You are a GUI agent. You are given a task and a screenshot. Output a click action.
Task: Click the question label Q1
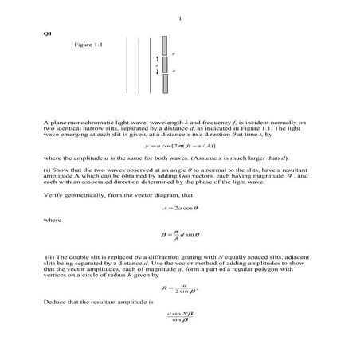point(47,33)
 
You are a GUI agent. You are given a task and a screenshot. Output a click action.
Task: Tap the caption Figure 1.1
point(88,45)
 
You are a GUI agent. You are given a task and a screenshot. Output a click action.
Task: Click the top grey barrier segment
point(163,45)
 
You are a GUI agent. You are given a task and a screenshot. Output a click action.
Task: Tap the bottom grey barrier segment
point(163,83)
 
